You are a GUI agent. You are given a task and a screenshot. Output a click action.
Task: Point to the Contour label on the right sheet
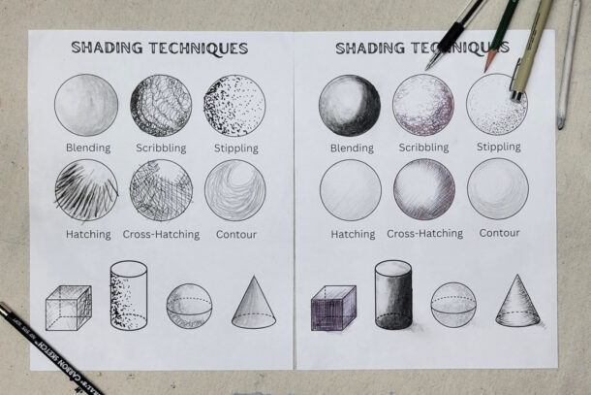pyautogui.click(x=499, y=233)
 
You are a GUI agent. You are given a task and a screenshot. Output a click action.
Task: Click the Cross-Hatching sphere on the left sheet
pyautogui.click(x=161, y=190)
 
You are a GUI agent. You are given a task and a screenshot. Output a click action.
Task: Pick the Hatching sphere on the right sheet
pyautogui.click(x=351, y=189)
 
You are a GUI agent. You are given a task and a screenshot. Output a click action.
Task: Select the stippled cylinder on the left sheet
pyautogui.click(x=128, y=296)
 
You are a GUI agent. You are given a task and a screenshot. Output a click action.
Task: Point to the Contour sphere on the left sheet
pyautogui.click(x=233, y=190)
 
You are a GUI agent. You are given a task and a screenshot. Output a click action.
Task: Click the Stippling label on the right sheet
pyautogui.click(x=498, y=148)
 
